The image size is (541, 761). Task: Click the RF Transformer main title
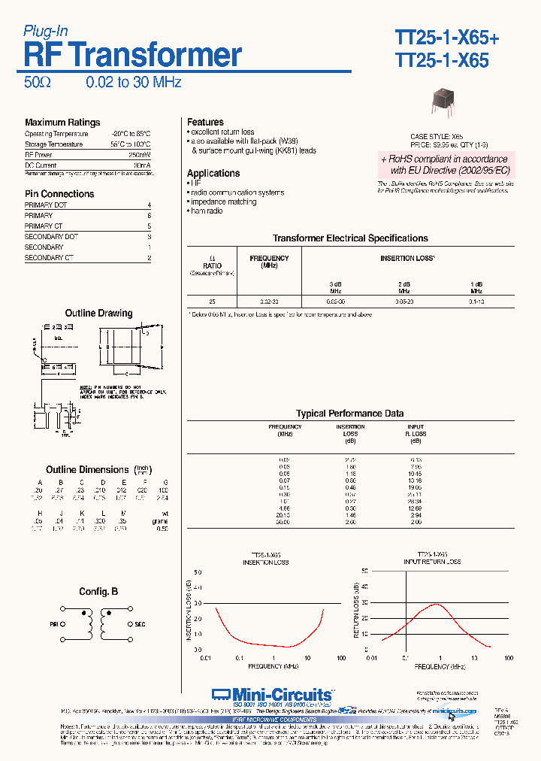click(133, 56)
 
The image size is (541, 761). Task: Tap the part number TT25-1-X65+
click(446, 37)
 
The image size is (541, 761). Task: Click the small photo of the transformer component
click(443, 103)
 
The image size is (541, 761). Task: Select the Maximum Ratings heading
click(62, 123)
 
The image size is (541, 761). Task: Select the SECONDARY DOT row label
click(51, 236)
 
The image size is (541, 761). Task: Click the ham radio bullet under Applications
click(207, 211)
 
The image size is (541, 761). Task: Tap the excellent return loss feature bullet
click(222, 132)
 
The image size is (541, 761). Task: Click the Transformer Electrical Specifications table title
click(350, 238)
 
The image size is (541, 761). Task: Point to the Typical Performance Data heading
click(349, 414)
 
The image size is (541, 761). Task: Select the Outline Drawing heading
click(98, 313)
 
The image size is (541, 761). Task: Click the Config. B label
click(98, 592)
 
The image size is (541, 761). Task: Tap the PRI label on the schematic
click(54, 624)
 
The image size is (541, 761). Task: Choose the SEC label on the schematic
click(141, 624)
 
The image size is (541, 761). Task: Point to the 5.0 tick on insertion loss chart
click(198, 572)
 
